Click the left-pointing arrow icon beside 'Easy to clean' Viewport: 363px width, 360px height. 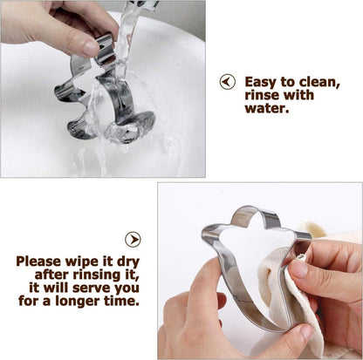tap(228, 82)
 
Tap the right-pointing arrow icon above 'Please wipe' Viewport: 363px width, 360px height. tap(133, 240)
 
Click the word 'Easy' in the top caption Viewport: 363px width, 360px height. tap(260, 83)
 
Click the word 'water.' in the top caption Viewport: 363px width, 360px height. tap(267, 108)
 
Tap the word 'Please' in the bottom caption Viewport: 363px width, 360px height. tap(38, 262)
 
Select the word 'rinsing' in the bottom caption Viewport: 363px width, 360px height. tap(97, 275)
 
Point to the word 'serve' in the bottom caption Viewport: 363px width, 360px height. tap(92, 289)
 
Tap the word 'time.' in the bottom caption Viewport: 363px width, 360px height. tap(122, 301)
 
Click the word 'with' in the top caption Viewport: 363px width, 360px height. tap(298, 95)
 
